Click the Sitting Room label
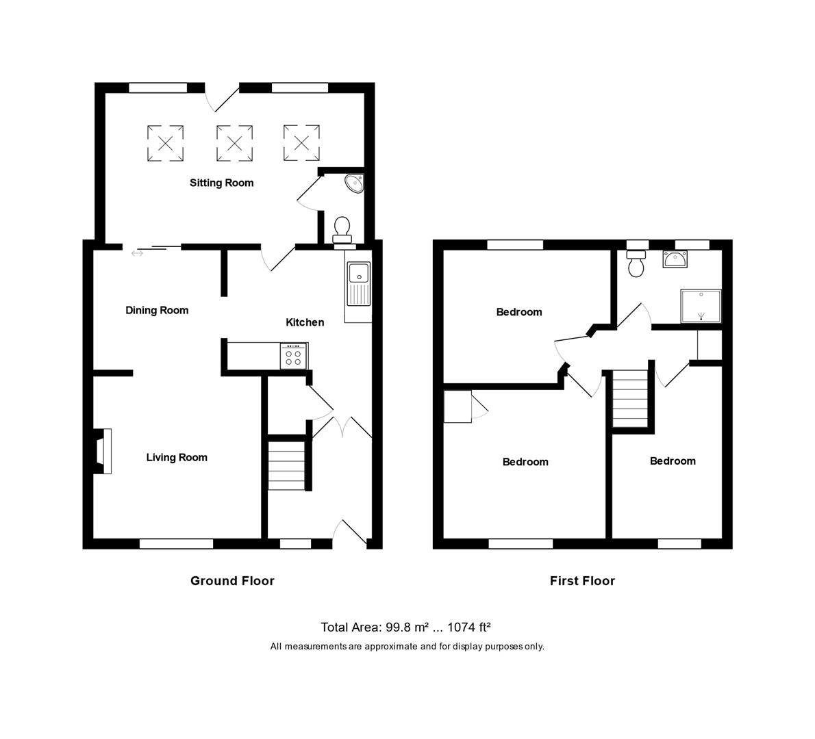(221, 183)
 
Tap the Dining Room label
(157, 310)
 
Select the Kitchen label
(305, 322)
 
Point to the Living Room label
(177, 457)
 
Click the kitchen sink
(358, 283)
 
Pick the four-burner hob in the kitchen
(294, 356)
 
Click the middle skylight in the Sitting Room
(234, 143)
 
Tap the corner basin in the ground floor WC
(354, 183)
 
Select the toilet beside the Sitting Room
(341, 229)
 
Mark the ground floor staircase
(286, 466)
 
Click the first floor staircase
(629, 399)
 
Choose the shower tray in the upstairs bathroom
(700, 305)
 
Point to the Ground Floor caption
(232, 581)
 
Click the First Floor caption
(582, 581)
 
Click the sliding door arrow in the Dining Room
(138, 254)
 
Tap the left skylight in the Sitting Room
(166, 143)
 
